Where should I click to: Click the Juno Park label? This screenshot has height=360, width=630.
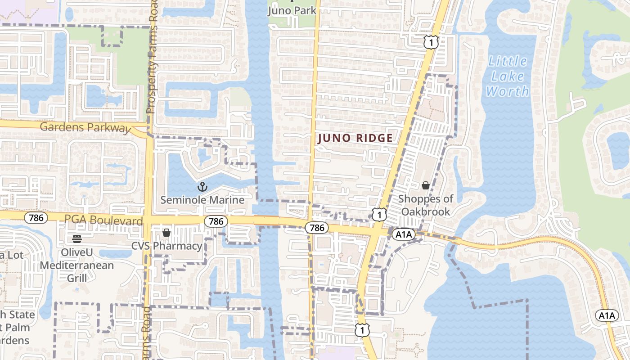pyautogui.click(x=292, y=10)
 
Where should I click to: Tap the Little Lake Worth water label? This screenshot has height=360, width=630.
pyautogui.click(x=508, y=76)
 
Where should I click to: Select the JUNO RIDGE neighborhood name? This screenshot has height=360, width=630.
pyautogui.click(x=355, y=138)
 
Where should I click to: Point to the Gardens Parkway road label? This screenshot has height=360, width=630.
pyautogui.click(x=85, y=127)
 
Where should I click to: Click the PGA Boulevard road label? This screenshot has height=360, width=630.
pyautogui.click(x=103, y=220)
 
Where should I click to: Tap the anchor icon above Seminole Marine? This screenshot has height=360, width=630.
pyautogui.click(x=202, y=186)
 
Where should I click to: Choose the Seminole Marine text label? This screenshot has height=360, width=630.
pyautogui.click(x=202, y=200)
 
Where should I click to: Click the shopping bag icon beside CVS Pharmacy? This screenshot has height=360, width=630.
pyautogui.click(x=166, y=233)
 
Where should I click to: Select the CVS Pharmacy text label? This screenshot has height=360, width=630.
pyautogui.click(x=166, y=246)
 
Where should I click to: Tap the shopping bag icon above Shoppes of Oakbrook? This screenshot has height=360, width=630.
pyautogui.click(x=426, y=185)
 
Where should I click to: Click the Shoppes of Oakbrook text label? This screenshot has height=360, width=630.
pyautogui.click(x=426, y=205)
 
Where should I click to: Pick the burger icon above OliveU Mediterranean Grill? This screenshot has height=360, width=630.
pyautogui.click(x=76, y=238)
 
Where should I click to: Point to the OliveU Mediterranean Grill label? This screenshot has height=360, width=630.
pyautogui.click(x=77, y=265)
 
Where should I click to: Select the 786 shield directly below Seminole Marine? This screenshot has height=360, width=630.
pyautogui.click(x=216, y=221)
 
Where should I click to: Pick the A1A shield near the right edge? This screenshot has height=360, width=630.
pyautogui.click(x=607, y=315)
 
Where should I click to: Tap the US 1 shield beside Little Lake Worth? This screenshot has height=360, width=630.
pyautogui.click(x=431, y=42)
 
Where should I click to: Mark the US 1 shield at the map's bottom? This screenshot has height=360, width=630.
pyautogui.click(x=362, y=330)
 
